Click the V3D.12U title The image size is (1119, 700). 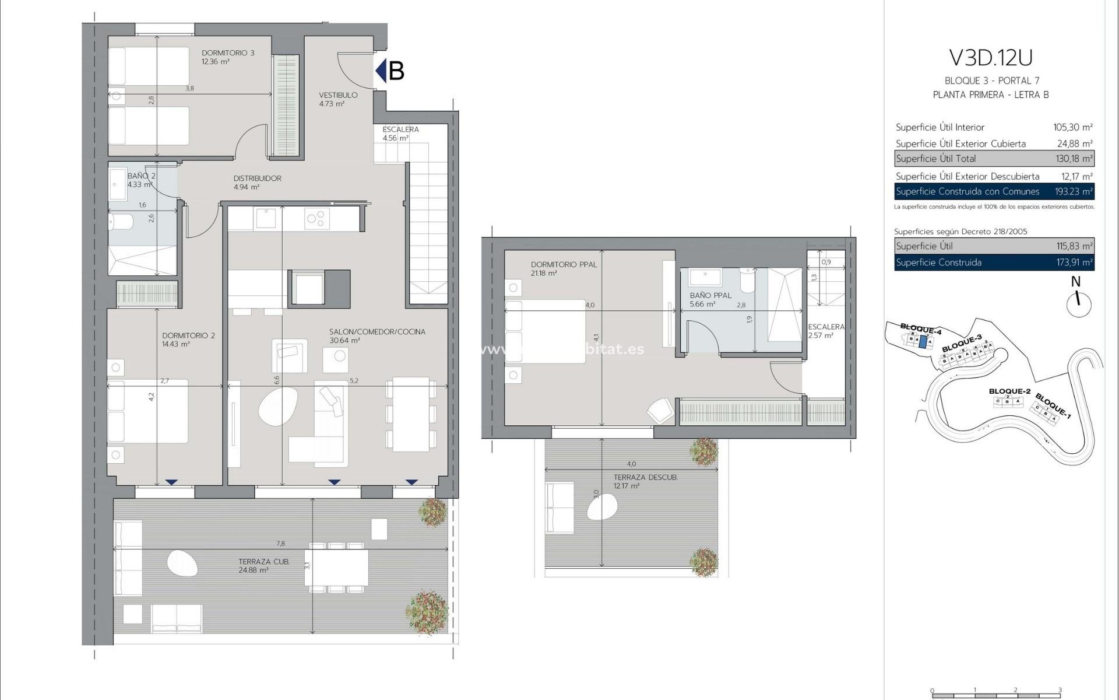(x=991, y=58)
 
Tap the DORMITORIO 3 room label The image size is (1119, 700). (x=228, y=53)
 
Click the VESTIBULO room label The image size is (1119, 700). (x=338, y=95)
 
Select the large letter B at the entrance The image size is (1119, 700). (x=396, y=71)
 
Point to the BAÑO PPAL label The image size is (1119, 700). (x=710, y=296)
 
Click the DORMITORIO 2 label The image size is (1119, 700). (x=188, y=336)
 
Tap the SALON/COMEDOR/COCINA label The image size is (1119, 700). (x=377, y=332)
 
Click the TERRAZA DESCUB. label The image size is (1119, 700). (x=645, y=478)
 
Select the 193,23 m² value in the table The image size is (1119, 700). (x=1074, y=191)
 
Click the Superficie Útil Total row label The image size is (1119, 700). (x=935, y=159)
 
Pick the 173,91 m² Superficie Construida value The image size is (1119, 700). (x=1074, y=262)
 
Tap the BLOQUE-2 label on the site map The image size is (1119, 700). (x=1009, y=391)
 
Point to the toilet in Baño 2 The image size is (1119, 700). (x=121, y=222)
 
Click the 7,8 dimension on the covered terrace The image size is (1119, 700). (x=281, y=544)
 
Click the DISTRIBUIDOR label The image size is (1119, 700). (x=257, y=178)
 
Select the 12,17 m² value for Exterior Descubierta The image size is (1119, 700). (x=1076, y=176)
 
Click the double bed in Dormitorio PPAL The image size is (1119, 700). (x=545, y=331)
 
